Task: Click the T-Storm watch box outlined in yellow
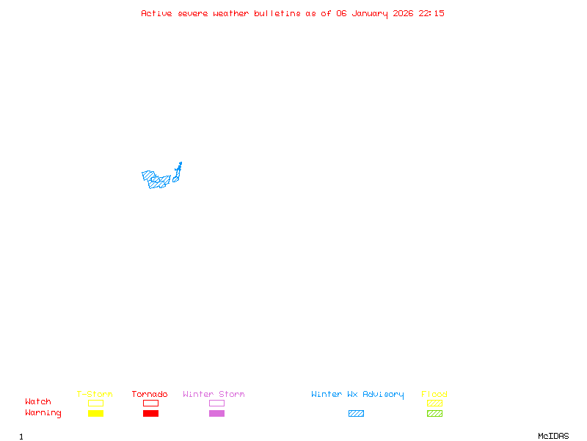pos(95,403)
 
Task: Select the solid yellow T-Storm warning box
pos(95,413)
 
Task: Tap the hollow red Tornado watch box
pos(150,403)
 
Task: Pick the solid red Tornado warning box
pos(150,413)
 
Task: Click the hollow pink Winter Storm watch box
pos(216,403)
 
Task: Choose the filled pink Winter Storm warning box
pos(216,413)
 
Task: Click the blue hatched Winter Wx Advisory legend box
pos(356,413)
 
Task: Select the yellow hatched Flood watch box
pos(434,403)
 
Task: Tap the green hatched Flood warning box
pos(434,413)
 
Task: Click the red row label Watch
pos(38,402)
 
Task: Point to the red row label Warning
pos(43,413)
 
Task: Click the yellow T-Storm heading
pos(95,394)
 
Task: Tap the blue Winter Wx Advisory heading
pos(357,394)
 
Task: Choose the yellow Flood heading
pos(434,394)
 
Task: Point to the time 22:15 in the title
pos(431,13)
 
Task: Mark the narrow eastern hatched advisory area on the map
pos(177,173)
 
